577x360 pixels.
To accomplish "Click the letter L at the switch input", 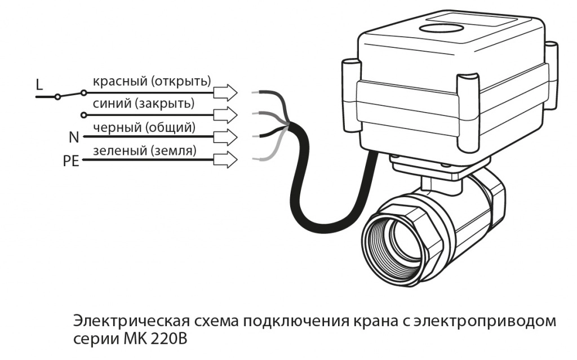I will (39, 85).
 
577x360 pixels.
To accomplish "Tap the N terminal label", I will (73, 138).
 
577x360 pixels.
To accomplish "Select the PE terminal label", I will (71, 162).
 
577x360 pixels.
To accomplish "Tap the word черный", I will (117, 127).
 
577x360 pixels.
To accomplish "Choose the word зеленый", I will (119, 150).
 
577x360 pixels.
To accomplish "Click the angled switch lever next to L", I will (70, 94).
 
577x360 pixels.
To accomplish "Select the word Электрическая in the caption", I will (130, 323).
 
